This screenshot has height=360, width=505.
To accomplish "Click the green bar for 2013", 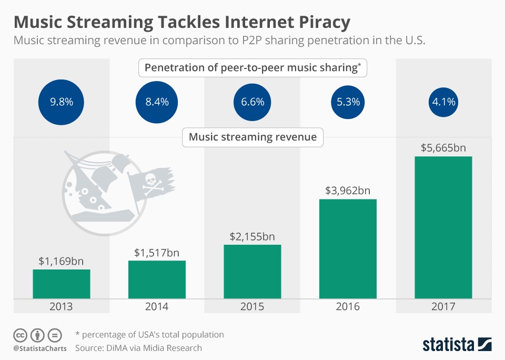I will point(62,284).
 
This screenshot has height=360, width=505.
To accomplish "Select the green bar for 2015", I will point(252,272).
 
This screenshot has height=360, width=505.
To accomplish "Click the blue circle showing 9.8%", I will point(62,102).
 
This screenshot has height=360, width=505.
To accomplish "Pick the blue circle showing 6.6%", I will point(252,102).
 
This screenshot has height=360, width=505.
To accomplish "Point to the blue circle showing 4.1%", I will point(443,102).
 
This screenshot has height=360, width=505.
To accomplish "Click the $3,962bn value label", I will point(348,191).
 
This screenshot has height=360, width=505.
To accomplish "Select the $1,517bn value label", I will point(157,253).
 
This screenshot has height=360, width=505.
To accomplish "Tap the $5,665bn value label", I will point(443,148).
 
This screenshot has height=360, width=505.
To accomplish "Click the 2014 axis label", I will point(157,307).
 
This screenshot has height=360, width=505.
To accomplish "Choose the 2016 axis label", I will point(348,307).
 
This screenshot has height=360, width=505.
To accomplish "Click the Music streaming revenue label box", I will point(252,137).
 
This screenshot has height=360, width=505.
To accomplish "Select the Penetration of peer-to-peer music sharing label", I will point(252,68).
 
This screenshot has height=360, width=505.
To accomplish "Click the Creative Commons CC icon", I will point(20,335).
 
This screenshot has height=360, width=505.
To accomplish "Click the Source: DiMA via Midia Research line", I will point(138,348).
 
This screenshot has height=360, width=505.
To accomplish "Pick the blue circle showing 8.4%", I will point(157,102).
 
